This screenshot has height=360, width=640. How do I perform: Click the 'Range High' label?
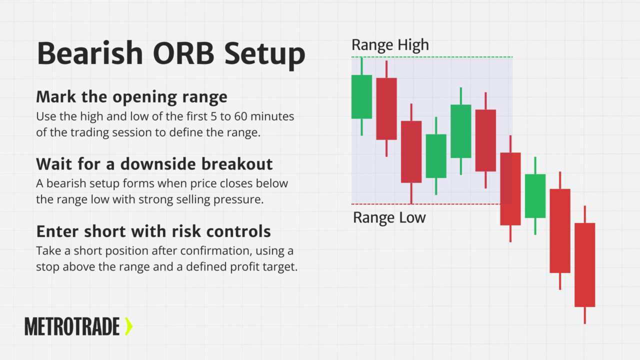[390, 45]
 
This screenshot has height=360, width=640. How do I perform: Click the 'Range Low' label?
[389, 218]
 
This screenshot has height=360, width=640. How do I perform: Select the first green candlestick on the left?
[361, 96]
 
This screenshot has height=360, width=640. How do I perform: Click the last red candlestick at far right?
[584, 264]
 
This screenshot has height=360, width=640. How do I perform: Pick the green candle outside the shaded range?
[535, 195]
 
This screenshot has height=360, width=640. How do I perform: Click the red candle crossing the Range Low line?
[510, 188]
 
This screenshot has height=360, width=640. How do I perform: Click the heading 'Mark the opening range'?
[131, 96]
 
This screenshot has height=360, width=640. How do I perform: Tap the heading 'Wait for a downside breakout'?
[154, 163]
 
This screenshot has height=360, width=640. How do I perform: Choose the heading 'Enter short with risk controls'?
[153, 231]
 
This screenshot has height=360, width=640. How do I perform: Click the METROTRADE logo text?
[72, 326]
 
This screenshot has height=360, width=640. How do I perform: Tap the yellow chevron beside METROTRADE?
[128, 326]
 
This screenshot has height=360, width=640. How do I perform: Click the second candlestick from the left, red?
[386, 108]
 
